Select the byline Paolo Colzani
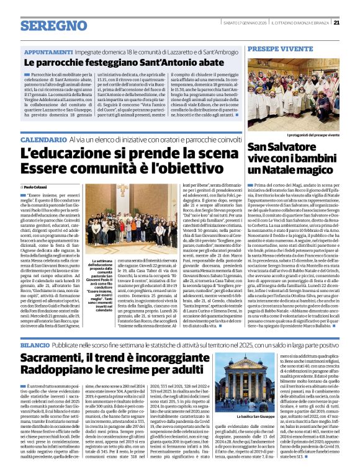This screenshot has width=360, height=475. tap(36, 186)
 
